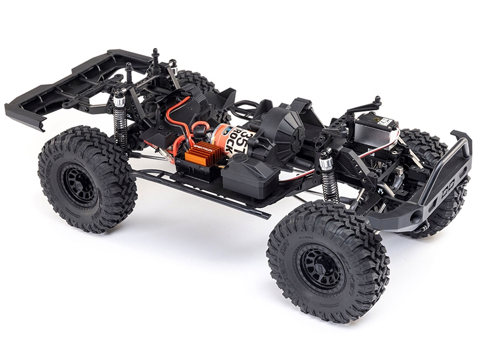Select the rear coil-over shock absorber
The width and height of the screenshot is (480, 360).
coord(119,123)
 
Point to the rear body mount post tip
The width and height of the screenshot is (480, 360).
coord(155,52)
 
